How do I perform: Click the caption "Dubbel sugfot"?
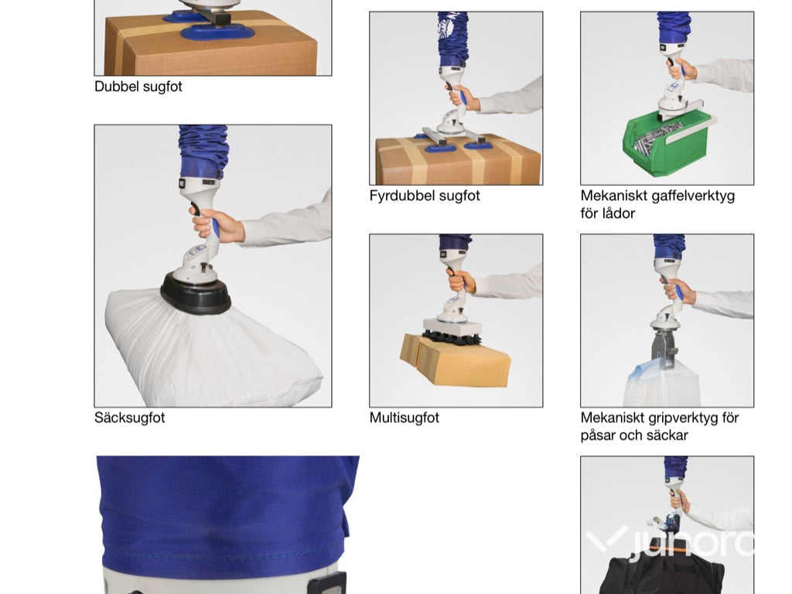[138, 87]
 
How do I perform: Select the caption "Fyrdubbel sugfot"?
[425, 196]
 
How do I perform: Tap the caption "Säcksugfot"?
[129, 418]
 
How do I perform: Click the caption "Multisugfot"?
[404, 418]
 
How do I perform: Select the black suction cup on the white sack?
[196, 293]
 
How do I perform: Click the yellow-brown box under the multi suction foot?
[455, 360]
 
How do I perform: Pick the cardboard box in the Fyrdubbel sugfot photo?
[458, 159]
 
